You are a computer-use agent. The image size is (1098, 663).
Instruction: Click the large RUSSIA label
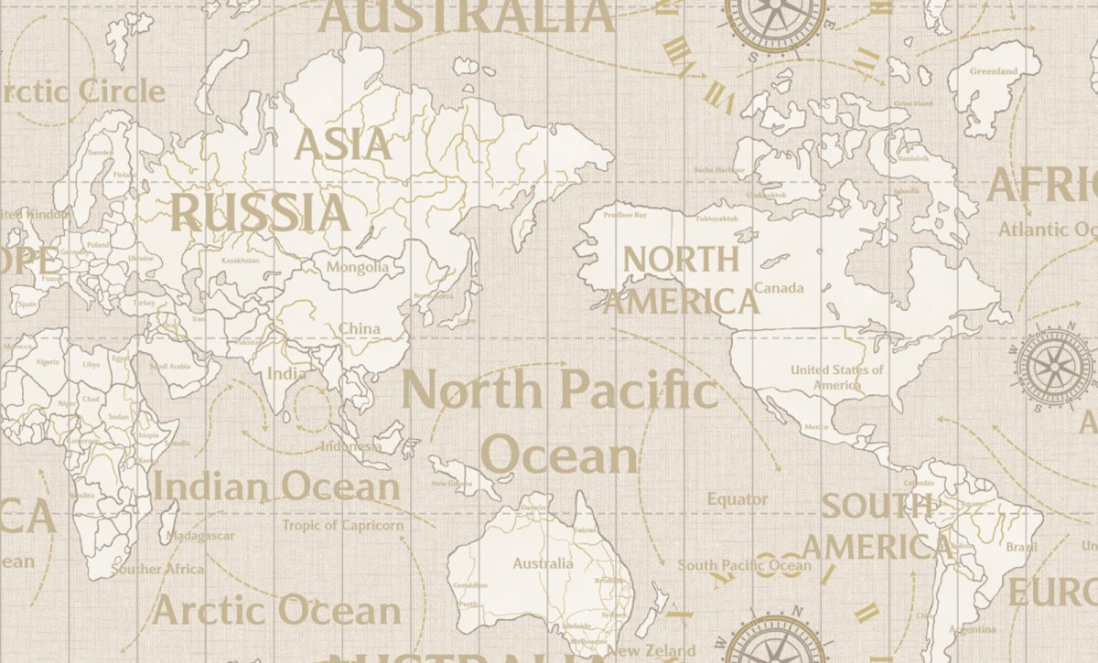(261, 212)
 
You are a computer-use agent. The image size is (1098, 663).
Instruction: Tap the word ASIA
(342, 144)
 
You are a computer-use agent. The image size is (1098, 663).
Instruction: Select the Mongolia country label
(358, 268)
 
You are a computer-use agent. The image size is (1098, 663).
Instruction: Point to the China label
(360, 328)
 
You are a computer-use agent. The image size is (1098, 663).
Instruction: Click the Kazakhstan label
(241, 261)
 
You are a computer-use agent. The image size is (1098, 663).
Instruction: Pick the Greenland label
(993, 71)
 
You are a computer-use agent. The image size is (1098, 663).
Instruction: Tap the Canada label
(779, 288)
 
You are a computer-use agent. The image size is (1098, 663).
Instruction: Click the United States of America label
(836, 377)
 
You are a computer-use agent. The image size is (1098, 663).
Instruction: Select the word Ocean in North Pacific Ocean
(560, 455)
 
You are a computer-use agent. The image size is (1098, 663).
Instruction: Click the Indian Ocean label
(275, 487)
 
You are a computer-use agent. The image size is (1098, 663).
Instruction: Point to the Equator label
(737, 499)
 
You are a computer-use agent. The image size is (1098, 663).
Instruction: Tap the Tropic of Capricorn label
(342, 525)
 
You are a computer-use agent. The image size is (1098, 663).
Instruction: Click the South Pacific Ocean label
(743, 565)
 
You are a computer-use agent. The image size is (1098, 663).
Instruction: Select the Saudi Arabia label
(170, 366)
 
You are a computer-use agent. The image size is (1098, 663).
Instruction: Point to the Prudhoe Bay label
(626, 215)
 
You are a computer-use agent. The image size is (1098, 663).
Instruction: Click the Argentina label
(973, 629)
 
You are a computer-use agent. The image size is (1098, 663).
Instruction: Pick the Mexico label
(815, 427)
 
